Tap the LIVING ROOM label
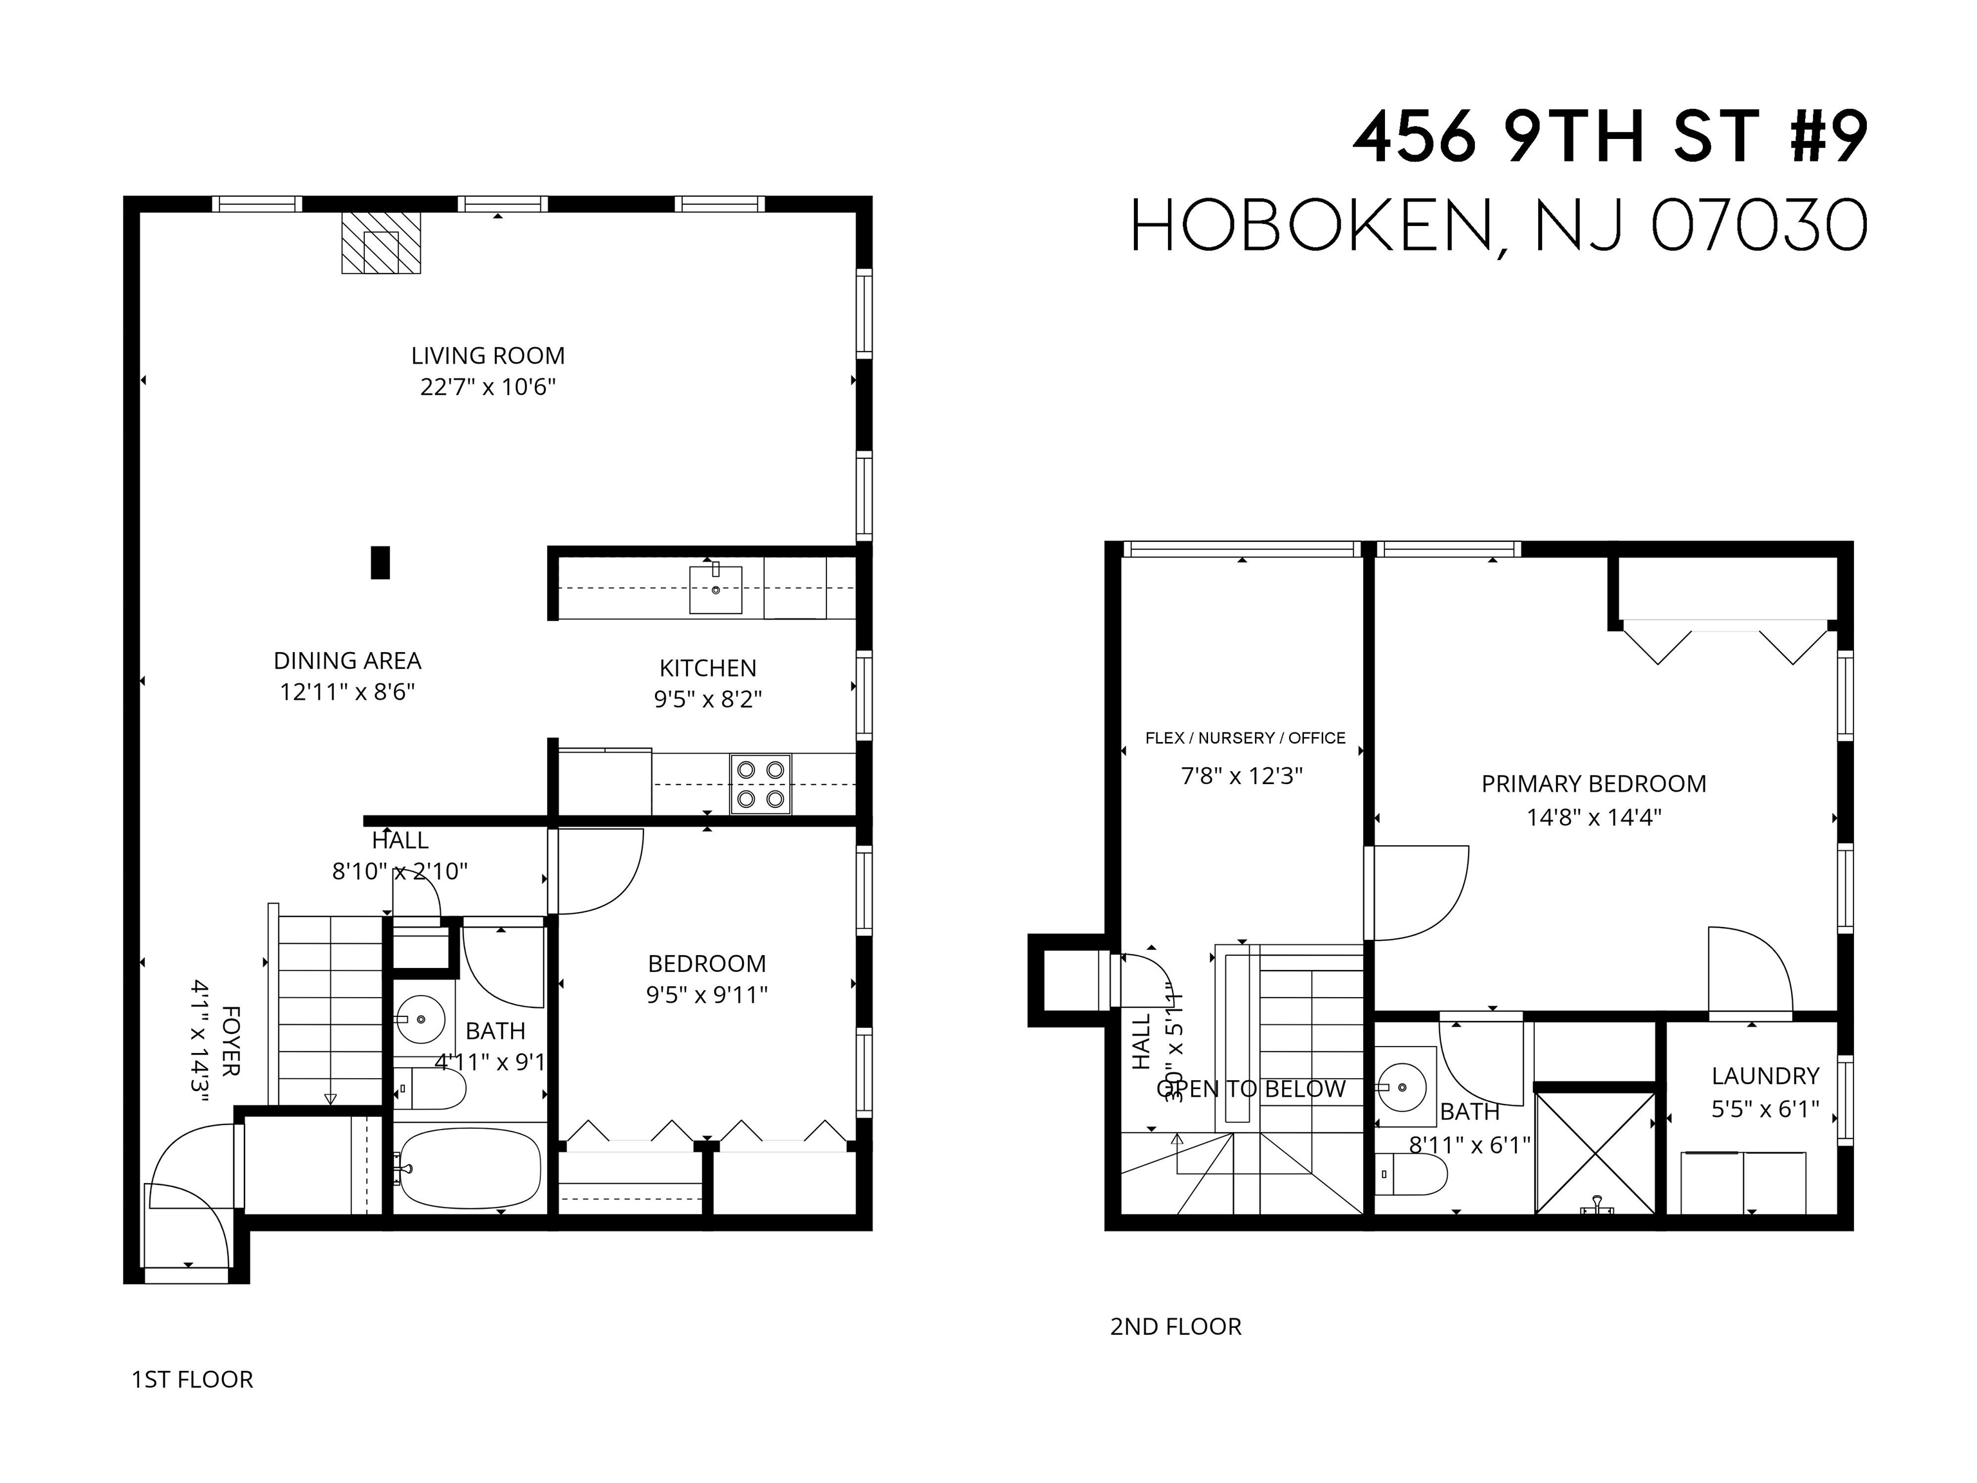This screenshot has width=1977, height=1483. tap(488, 356)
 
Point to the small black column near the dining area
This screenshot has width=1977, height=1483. tap(380, 563)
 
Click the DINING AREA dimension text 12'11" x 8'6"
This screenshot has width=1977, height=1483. tap(347, 692)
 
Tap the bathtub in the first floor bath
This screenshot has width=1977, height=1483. tap(469, 1168)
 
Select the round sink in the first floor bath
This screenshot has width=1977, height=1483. tap(421, 1018)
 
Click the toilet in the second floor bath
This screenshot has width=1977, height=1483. tap(1411, 1173)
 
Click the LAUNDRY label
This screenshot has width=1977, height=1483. tap(1765, 1076)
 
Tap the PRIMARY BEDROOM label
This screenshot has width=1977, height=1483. tap(1593, 784)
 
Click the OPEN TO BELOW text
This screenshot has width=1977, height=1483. tap(1250, 1089)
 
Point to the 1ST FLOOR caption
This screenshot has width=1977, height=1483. tap(192, 1379)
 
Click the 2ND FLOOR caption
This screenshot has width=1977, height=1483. tap(1175, 1327)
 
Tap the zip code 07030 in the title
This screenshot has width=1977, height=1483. tap(1758, 227)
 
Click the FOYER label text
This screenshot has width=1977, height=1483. tap(230, 1041)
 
